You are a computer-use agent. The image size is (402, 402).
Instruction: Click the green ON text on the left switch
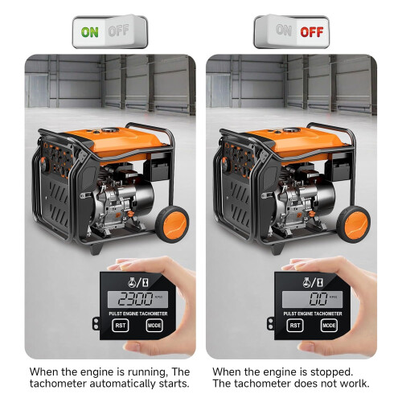coord(90,32)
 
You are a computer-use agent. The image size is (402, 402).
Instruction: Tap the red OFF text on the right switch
coord(312,32)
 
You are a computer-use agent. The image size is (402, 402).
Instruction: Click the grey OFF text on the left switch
coord(119,31)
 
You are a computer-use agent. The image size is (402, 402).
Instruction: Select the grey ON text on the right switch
coord(284,30)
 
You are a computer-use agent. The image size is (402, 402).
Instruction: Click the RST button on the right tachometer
coord(295,326)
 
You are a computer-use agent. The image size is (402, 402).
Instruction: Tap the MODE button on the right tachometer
coord(329,326)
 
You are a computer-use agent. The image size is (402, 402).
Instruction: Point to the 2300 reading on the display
coord(135,299)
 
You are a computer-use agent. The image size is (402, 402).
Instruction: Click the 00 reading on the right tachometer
coord(318,299)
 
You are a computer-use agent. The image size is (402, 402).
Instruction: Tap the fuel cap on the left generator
coord(110,130)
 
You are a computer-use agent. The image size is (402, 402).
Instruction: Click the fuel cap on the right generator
coord(292,130)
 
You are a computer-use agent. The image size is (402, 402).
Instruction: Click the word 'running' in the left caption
coord(147,372)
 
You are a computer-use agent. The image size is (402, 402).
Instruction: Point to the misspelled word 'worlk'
coord(355,384)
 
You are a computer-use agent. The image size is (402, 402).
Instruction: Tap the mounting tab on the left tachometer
coord(96,323)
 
